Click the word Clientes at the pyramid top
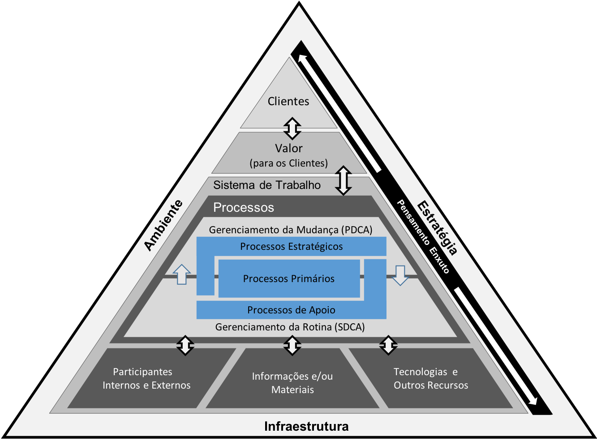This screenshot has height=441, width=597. [x=288, y=102]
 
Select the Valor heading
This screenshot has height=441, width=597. [x=289, y=148]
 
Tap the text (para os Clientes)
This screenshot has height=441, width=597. [x=289, y=163]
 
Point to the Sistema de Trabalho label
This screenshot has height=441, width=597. [x=267, y=185]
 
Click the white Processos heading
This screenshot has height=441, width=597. [x=244, y=208]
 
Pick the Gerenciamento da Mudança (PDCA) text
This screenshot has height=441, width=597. [x=291, y=230]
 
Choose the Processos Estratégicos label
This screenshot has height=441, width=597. [x=292, y=247]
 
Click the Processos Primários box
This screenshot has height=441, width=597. [x=289, y=278]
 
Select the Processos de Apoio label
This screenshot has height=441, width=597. [x=292, y=310]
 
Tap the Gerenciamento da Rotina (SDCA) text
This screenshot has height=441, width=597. [x=290, y=327]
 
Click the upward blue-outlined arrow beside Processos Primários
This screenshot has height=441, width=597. [x=181, y=274]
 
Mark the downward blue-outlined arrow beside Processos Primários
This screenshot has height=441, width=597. [x=400, y=275]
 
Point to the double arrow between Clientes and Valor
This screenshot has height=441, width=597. [x=292, y=128]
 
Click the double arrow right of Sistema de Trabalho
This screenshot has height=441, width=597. [x=344, y=180]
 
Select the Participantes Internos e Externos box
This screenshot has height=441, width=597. [x=146, y=378]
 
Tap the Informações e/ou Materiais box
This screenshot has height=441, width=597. [x=292, y=383]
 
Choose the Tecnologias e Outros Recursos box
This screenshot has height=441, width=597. [x=430, y=378]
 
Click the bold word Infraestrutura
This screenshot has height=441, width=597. [x=306, y=426]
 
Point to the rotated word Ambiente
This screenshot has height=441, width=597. [x=163, y=225]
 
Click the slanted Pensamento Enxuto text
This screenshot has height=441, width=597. [x=423, y=236]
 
